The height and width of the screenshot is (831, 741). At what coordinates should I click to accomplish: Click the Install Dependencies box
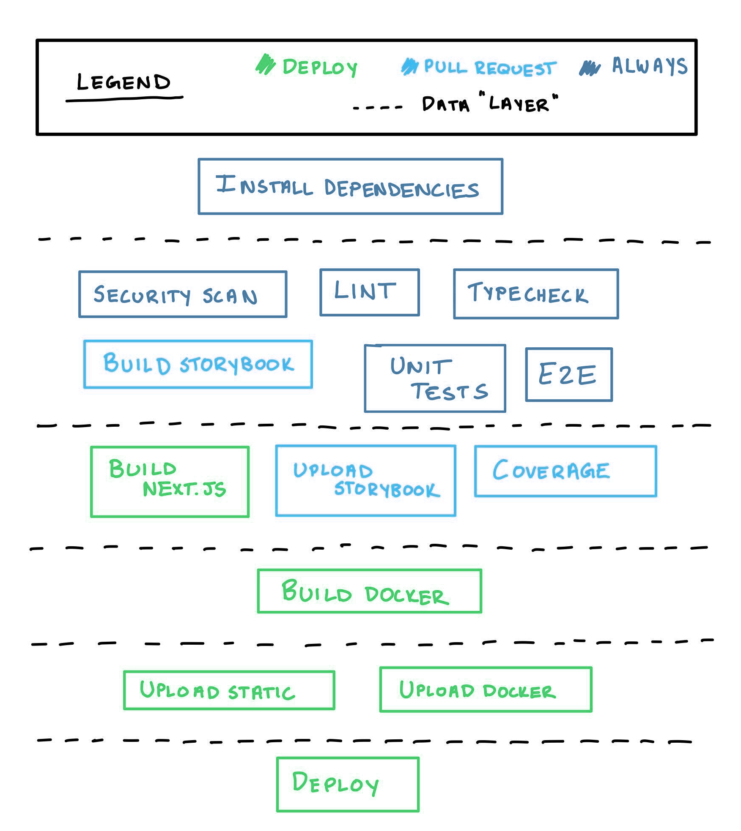click(350, 186)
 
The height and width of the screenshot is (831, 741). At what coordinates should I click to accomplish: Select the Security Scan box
click(183, 294)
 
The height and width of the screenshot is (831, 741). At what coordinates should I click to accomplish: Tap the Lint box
click(370, 292)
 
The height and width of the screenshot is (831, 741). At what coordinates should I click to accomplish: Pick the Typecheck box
click(536, 294)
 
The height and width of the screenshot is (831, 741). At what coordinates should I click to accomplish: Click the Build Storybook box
click(198, 364)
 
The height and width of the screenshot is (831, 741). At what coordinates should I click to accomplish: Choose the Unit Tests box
click(435, 379)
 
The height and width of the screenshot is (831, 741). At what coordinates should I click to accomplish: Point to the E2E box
click(569, 374)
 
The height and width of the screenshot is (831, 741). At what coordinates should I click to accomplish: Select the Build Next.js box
click(170, 482)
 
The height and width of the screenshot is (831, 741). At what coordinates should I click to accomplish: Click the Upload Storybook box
click(365, 481)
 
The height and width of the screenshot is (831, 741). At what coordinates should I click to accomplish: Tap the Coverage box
click(565, 471)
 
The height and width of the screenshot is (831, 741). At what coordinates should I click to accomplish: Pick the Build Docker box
click(369, 591)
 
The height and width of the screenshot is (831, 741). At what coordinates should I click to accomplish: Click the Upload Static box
click(229, 690)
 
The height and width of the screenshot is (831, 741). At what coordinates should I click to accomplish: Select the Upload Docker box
click(486, 689)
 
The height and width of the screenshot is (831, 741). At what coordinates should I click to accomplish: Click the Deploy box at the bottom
click(348, 785)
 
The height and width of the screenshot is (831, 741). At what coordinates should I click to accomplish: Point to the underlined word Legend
click(124, 83)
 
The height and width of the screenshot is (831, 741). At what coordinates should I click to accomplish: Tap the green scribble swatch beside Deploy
click(266, 65)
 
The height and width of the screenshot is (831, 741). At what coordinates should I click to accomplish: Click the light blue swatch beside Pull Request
click(409, 67)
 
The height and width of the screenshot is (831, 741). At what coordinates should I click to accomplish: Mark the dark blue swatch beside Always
click(589, 68)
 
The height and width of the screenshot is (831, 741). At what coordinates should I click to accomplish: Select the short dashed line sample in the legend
click(378, 108)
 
